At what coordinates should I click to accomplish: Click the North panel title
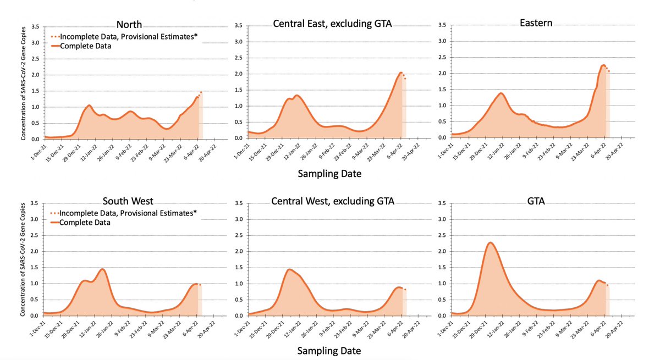pos(130,24)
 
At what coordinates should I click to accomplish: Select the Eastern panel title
pos(537,23)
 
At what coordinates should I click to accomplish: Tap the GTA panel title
pos(535,201)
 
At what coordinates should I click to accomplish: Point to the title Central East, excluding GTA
pos(333,23)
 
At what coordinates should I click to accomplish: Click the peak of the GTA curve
pos(490,242)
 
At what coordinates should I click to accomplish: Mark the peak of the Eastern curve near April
pos(603,65)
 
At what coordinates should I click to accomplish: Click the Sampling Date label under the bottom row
pos(330,350)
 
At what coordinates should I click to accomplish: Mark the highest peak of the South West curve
pos(102,269)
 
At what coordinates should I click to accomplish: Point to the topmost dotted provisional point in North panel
pos(201,92)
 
